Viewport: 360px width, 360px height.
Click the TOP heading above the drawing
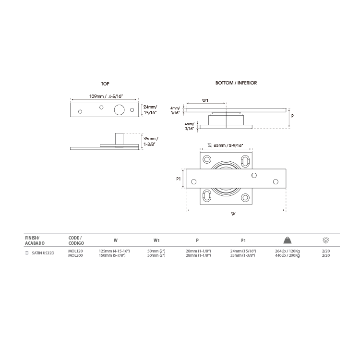click(x=105, y=84)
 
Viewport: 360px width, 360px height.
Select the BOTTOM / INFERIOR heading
click(x=236, y=83)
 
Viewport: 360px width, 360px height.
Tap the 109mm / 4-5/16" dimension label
click(x=106, y=96)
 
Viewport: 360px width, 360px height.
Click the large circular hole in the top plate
click(x=120, y=110)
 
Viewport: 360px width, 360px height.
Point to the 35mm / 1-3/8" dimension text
click(x=151, y=142)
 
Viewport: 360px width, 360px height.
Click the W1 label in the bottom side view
click(x=205, y=101)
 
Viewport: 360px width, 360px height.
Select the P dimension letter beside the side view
click(x=292, y=116)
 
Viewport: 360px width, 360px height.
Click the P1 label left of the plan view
click(x=179, y=179)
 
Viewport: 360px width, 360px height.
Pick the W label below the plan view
click(x=233, y=214)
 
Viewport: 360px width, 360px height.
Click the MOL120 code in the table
click(x=75, y=251)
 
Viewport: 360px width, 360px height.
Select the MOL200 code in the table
click(x=75, y=255)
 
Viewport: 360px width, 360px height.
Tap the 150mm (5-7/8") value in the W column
click(x=112, y=255)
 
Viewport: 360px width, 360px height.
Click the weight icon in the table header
click(x=287, y=240)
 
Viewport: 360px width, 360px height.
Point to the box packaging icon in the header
click(x=326, y=240)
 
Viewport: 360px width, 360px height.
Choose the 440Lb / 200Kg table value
click(x=287, y=255)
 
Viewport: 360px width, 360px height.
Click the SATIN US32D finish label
click(x=43, y=253)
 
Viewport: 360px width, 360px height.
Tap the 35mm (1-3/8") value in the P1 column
click(x=243, y=255)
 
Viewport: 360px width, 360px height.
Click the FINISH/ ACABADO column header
click(x=35, y=240)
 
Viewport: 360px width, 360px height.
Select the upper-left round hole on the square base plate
click(x=207, y=159)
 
